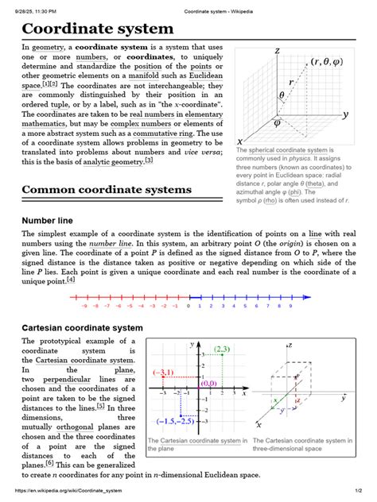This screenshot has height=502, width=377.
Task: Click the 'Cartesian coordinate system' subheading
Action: pos(82,327)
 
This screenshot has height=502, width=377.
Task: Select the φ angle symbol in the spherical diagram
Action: pos(277,123)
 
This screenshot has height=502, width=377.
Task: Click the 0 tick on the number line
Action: pos(188,304)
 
